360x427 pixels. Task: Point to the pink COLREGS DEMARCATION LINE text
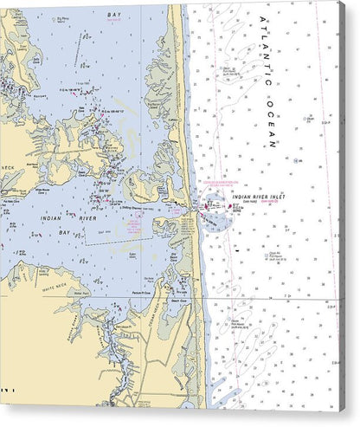click(222, 184)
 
